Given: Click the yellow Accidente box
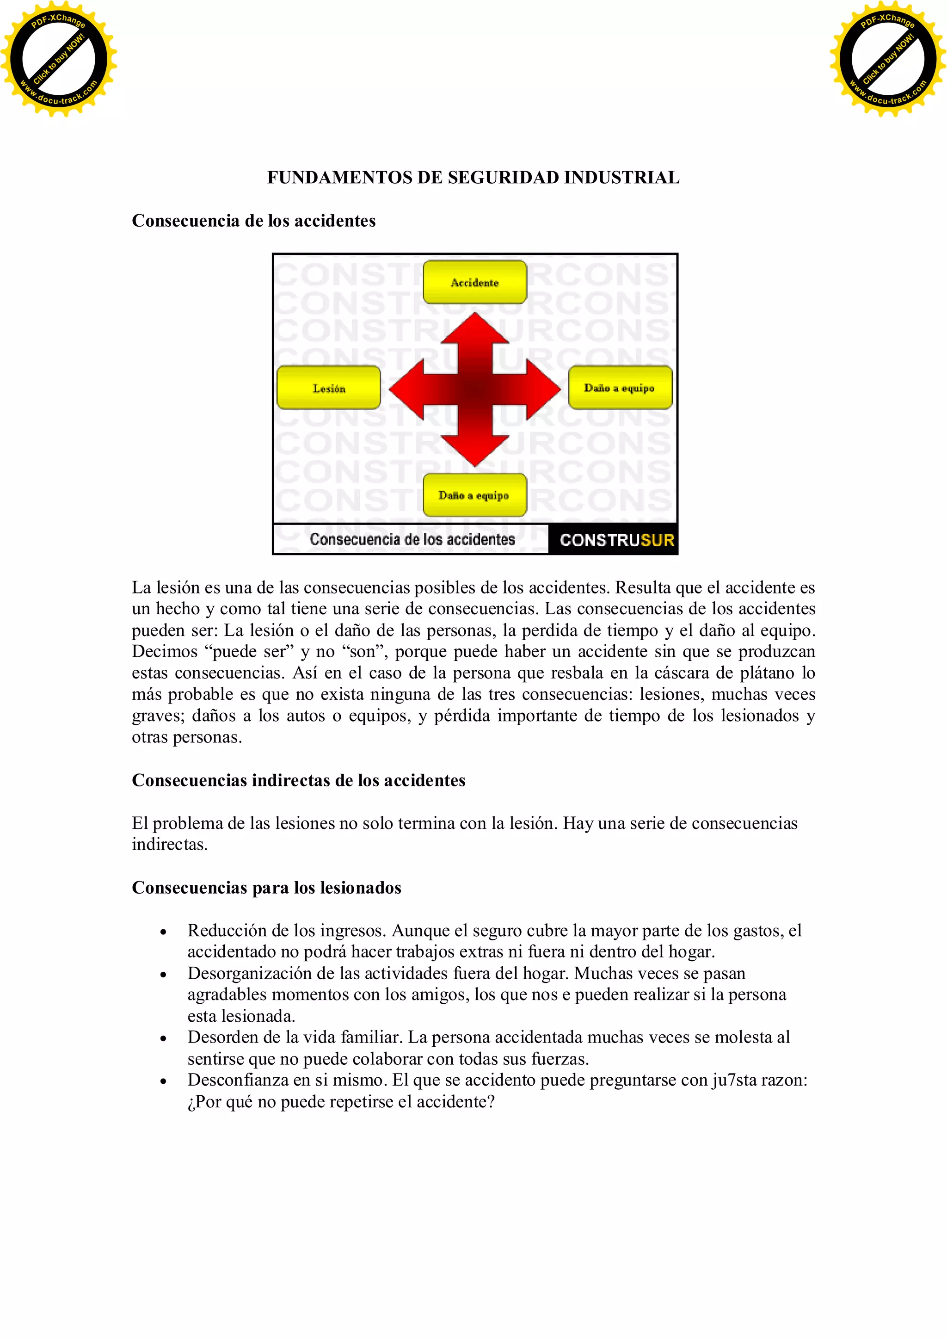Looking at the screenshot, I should pyautogui.click(x=474, y=283).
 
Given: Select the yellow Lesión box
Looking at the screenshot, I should pyautogui.click(x=328, y=388).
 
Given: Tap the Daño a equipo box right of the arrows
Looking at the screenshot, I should pyautogui.click(x=620, y=388).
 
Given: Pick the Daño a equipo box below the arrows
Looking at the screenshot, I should pyautogui.click(x=474, y=495).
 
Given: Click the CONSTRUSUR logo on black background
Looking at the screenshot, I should pyautogui.click(x=616, y=540).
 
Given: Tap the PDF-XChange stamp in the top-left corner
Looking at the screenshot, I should pyautogui.click(x=58, y=59).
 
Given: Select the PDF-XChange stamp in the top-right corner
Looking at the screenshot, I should pyautogui.click(x=887, y=59).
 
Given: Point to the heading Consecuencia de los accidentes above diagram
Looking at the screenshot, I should pyautogui.click(x=253, y=221).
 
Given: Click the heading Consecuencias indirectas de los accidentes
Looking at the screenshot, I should pyautogui.click(x=298, y=781).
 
